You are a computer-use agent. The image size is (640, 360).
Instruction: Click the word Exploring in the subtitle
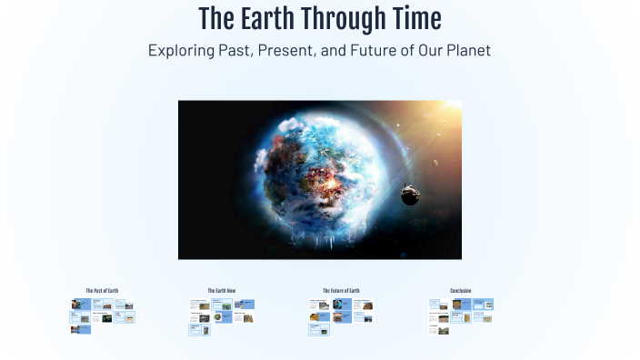(182, 51)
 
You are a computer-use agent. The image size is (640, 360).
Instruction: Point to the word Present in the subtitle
(285, 51)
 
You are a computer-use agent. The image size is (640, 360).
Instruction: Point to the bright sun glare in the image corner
(445, 114)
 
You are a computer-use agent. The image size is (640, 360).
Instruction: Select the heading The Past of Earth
(102, 291)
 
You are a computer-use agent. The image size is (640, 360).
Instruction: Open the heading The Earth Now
(221, 291)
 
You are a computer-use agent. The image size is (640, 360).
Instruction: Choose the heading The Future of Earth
(341, 291)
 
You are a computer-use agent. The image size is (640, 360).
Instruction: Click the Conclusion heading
(460, 291)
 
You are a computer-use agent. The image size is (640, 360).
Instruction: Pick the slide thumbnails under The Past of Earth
(102, 315)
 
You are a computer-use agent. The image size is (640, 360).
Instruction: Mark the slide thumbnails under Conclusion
(460, 315)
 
